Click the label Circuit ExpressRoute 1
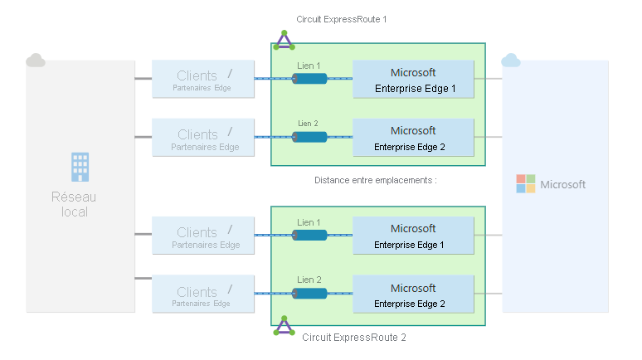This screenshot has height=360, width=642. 341,18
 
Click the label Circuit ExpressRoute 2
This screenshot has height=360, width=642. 354,338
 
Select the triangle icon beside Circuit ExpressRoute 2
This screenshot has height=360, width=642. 285,326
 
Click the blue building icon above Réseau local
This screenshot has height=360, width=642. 80,167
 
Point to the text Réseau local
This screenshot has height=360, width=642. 75,204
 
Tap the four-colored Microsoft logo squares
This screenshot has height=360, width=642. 526,183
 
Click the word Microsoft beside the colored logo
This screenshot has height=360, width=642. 562,184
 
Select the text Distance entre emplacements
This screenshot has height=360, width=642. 375,179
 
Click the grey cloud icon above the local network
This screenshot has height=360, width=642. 36,60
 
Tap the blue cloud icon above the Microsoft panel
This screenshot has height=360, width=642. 511,60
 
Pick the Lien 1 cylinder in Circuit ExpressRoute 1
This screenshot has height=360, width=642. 309,79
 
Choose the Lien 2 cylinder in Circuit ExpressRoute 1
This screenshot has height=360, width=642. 309,137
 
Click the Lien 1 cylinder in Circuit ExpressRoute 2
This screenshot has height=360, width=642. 309,236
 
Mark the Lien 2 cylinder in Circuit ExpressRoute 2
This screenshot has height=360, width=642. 309,293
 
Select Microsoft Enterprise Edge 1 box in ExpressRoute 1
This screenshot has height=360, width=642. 413,80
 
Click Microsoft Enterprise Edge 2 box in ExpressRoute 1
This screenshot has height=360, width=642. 413,138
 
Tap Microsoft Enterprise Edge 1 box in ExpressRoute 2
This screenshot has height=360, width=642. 413,236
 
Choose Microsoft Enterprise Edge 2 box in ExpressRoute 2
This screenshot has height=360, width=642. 413,294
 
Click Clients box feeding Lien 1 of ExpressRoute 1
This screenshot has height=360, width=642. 203,80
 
